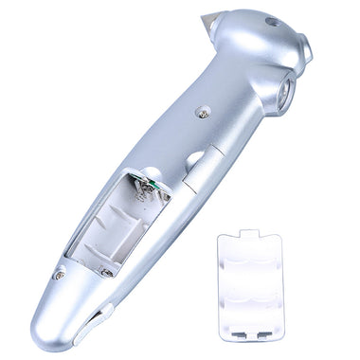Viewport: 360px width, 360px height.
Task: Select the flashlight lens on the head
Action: click(x=284, y=96)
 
